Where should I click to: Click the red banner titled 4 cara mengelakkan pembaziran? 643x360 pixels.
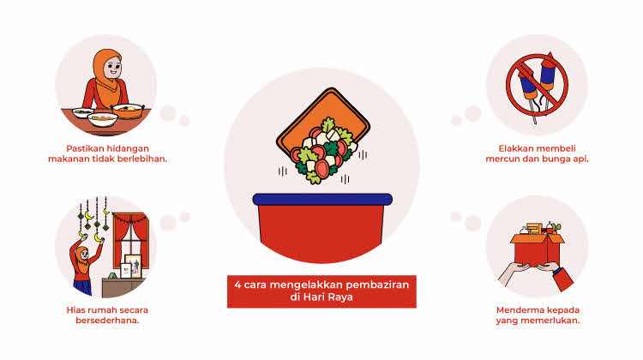[x=321, y=291]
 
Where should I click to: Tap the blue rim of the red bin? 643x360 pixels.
[x=322, y=199]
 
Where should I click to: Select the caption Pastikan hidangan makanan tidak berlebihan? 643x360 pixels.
[x=107, y=153]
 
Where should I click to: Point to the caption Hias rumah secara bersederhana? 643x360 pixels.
[x=107, y=315]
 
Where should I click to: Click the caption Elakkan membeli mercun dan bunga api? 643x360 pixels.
[x=537, y=153]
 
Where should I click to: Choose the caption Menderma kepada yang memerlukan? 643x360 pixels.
[x=538, y=315]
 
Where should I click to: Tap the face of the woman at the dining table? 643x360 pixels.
[x=112, y=68]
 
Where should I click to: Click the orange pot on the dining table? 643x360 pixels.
[x=128, y=111]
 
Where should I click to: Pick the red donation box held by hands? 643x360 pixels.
[x=537, y=249]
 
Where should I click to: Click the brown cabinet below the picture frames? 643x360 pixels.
[x=123, y=287]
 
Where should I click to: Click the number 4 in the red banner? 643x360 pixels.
[x=237, y=285]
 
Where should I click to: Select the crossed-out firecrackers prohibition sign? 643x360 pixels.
[x=537, y=86]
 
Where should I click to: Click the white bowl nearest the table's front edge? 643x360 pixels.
[x=103, y=119]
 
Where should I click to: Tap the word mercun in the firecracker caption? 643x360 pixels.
[x=502, y=159]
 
